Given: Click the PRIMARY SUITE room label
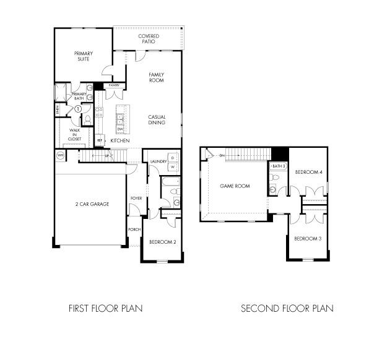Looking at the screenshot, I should (x=83, y=56).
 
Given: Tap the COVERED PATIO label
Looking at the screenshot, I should (x=148, y=40).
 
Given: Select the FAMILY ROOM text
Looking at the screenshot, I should (x=156, y=77).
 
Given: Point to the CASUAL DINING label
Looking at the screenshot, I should (x=156, y=119).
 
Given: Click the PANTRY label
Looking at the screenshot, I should (x=114, y=85).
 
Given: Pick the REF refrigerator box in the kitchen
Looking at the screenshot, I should (x=99, y=140).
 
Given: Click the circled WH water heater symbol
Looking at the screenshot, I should (x=61, y=155).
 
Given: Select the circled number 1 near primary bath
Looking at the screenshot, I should (x=78, y=109).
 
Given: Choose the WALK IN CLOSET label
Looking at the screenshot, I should (x=75, y=134).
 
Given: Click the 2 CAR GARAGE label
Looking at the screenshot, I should (x=92, y=204).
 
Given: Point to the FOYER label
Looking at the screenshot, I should (x=136, y=199).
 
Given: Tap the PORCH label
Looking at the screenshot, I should (x=134, y=229).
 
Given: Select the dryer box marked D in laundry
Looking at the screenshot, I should (x=173, y=157).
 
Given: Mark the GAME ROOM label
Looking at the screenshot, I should (x=235, y=186).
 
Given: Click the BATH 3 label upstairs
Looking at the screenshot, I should (x=279, y=166).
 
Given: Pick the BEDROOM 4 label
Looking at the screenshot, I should (x=308, y=172).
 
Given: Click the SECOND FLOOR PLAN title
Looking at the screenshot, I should (x=287, y=308).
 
